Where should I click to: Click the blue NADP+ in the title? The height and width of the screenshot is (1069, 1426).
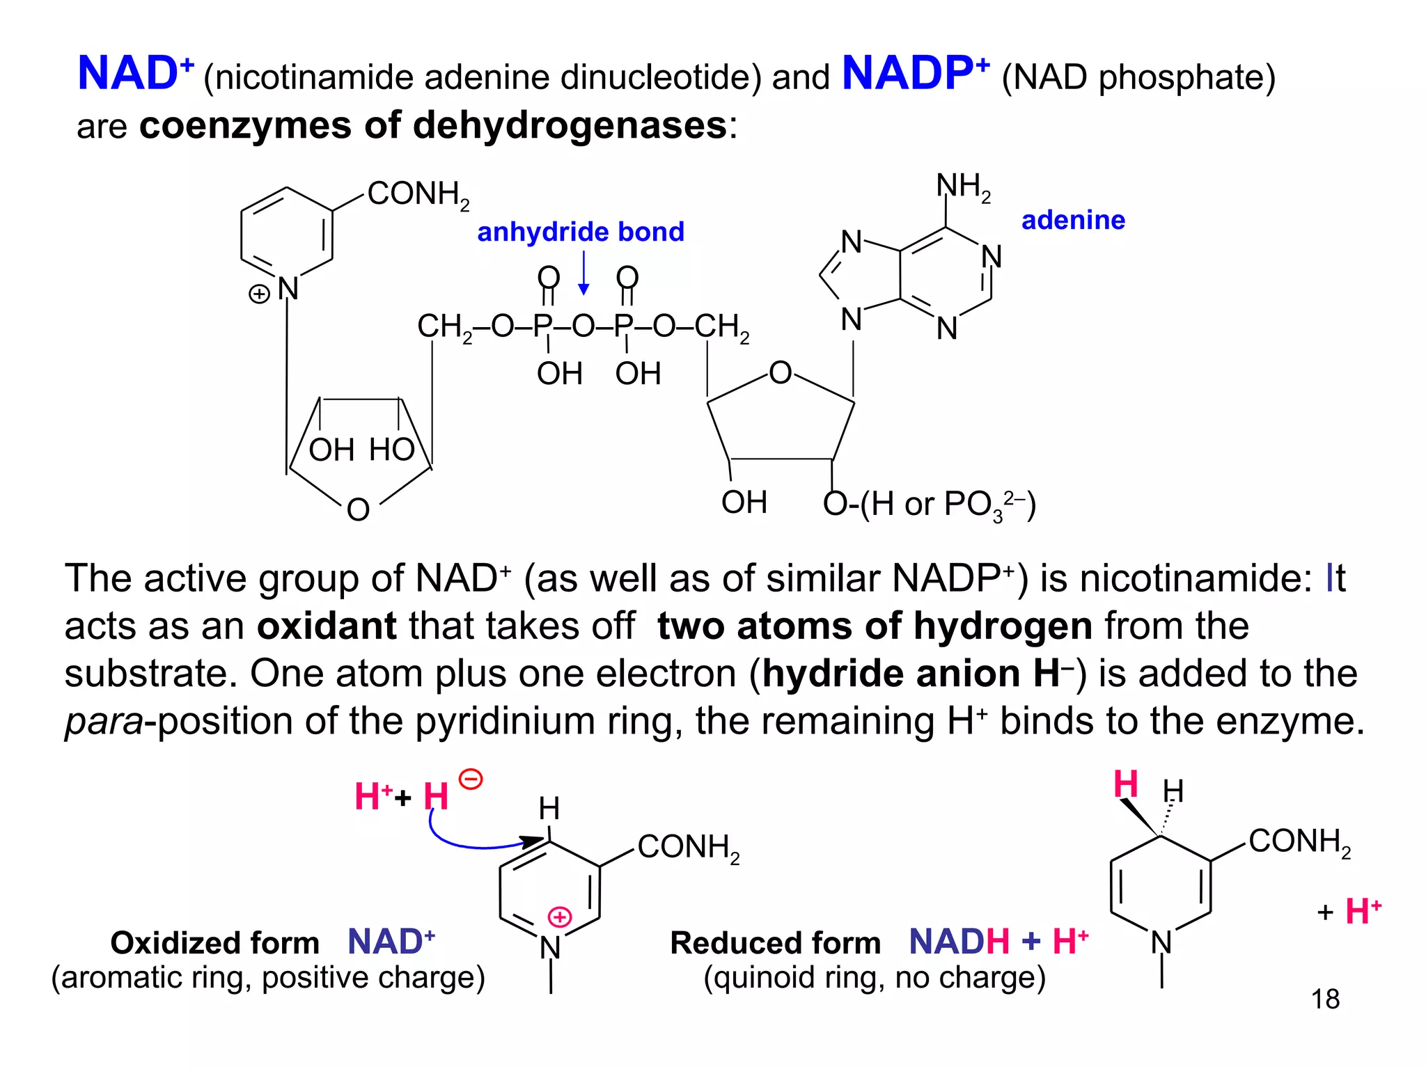pyautogui.click(x=915, y=73)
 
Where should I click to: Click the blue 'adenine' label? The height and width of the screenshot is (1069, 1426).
pyautogui.click(x=1073, y=220)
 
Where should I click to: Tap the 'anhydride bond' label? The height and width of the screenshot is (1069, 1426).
pyautogui.click(x=580, y=232)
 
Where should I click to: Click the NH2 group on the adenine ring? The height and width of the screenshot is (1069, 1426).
pyautogui.click(x=963, y=187)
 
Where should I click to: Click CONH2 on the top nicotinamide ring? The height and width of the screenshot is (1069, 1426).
pyautogui.click(x=418, y=194)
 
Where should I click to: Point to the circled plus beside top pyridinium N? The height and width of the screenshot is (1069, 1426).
pyautogui.click(x=259, y=294)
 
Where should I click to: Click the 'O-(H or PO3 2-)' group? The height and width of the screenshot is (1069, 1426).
pyautogui.click(x=929, y=504)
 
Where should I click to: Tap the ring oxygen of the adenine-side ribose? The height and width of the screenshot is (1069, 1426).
pyautogui.click(x=780, y=373)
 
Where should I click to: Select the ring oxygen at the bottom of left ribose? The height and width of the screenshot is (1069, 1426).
pyautogui.click(x=358, y=510)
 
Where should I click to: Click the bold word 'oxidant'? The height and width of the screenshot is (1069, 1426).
pyautogui.click(x=327, y=626)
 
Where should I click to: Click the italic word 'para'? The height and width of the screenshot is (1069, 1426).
pyautogui.click(x=104, y=721)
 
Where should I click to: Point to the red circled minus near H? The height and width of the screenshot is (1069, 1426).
pyautogui.click(x=471, y=779)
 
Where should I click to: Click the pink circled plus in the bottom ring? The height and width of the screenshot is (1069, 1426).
pyautogui.click(x=560, y=917)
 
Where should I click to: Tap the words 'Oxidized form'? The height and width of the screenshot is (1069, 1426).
pyautogui.click(x=214, y=943)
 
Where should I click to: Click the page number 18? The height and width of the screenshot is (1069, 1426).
pyautogui.click(x=1324, y=999)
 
